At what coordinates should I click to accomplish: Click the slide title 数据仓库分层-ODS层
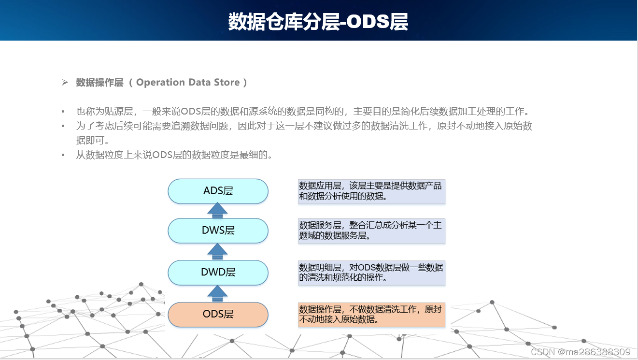pos(318,22)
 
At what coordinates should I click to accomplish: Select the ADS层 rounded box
pos(218,191)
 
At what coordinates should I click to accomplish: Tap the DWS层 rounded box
pos(218,230)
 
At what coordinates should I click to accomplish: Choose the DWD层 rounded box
pos(218,272)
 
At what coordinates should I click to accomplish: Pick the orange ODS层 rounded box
pos(218,315)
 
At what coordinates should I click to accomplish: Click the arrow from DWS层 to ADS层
pos(218,211)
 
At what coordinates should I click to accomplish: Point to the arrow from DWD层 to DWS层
pos(218,251)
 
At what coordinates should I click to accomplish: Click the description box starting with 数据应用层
pos(371,191)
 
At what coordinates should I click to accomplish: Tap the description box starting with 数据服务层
pos(371,230)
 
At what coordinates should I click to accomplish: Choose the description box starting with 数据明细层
pos(371,273)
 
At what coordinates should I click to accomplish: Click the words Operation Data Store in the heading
pos(188,83)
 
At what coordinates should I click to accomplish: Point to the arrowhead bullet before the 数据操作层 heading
pos(65,83)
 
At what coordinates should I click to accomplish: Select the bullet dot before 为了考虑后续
pos(63,127)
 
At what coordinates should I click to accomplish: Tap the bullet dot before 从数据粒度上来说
pos(63,156)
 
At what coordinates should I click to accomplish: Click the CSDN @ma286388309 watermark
pos(580,352)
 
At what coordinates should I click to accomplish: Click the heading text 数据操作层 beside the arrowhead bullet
pos(99,83)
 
